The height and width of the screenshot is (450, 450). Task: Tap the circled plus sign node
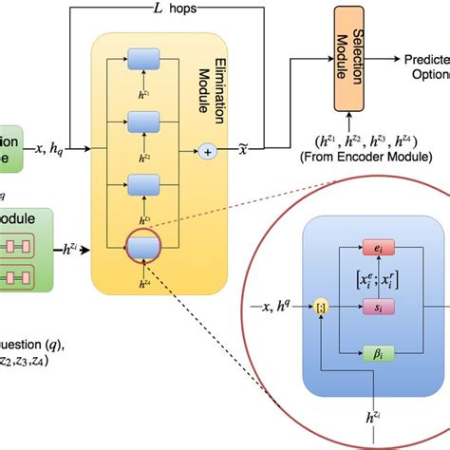pos(206,150)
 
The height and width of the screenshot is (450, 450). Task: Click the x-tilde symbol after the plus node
pos(242,150)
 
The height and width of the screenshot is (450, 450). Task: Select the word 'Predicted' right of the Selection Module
pos(427,57)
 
